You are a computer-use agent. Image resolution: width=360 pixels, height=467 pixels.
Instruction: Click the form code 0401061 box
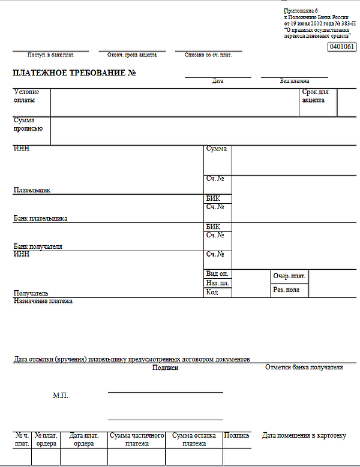pyautogui.click(x=342, y=47)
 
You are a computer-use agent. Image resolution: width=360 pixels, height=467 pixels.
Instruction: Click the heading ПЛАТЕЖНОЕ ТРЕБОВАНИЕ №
pyautogui.click(x=75, y=73)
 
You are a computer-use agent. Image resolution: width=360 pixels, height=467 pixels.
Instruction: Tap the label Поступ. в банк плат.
pyautogui.click(x=50, y=55)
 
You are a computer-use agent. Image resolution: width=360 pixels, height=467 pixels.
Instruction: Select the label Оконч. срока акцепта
pyautogui.click(x=132, y=55)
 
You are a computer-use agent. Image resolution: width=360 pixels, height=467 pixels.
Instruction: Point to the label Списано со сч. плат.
pyautogui.click(x=208, y=55)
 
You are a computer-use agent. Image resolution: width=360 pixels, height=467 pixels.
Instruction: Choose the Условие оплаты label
pyautogui.click(x=26, y=96)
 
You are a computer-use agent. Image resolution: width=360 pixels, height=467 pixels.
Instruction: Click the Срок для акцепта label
pyautogui.click(x=315, y=96)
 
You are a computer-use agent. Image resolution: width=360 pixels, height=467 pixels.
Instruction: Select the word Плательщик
pyautogui.click(x=32, y=190)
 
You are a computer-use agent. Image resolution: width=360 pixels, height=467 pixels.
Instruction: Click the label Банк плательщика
pyautogui.click(x=40, y=219)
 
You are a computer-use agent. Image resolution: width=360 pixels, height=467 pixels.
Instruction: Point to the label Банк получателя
pyautogui.click(x=38, y=246)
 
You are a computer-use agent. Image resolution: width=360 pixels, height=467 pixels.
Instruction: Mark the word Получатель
pyautogui.click(x=31, y=293)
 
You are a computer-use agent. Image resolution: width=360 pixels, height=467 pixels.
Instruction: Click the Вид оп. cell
pyautogui.click(x=217, y=274)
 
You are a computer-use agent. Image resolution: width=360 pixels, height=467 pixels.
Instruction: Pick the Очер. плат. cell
pyautogui.click(x=289, y=276)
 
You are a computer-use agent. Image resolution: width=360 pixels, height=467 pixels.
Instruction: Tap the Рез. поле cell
pyautogui.click(x=286, y=290)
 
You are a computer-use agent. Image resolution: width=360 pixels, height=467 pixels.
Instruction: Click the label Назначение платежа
pyautogui.click(x=43, y=301)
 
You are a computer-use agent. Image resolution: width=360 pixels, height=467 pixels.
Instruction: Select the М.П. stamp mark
pyautogui.click(x=61, y=396)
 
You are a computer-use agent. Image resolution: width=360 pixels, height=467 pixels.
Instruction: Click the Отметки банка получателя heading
pyautogui.click(x=304, y=367)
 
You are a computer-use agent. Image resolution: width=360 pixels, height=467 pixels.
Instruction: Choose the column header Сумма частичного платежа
pyautogui.click(x=137, y=439)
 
